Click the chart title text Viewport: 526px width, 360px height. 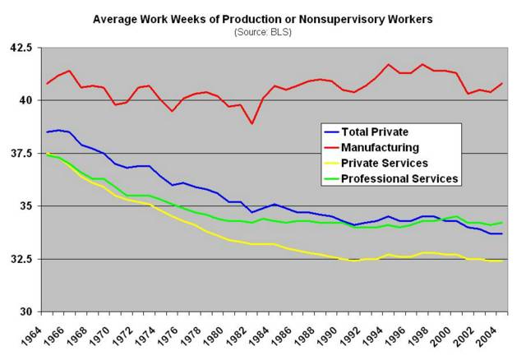click(263, 18)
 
